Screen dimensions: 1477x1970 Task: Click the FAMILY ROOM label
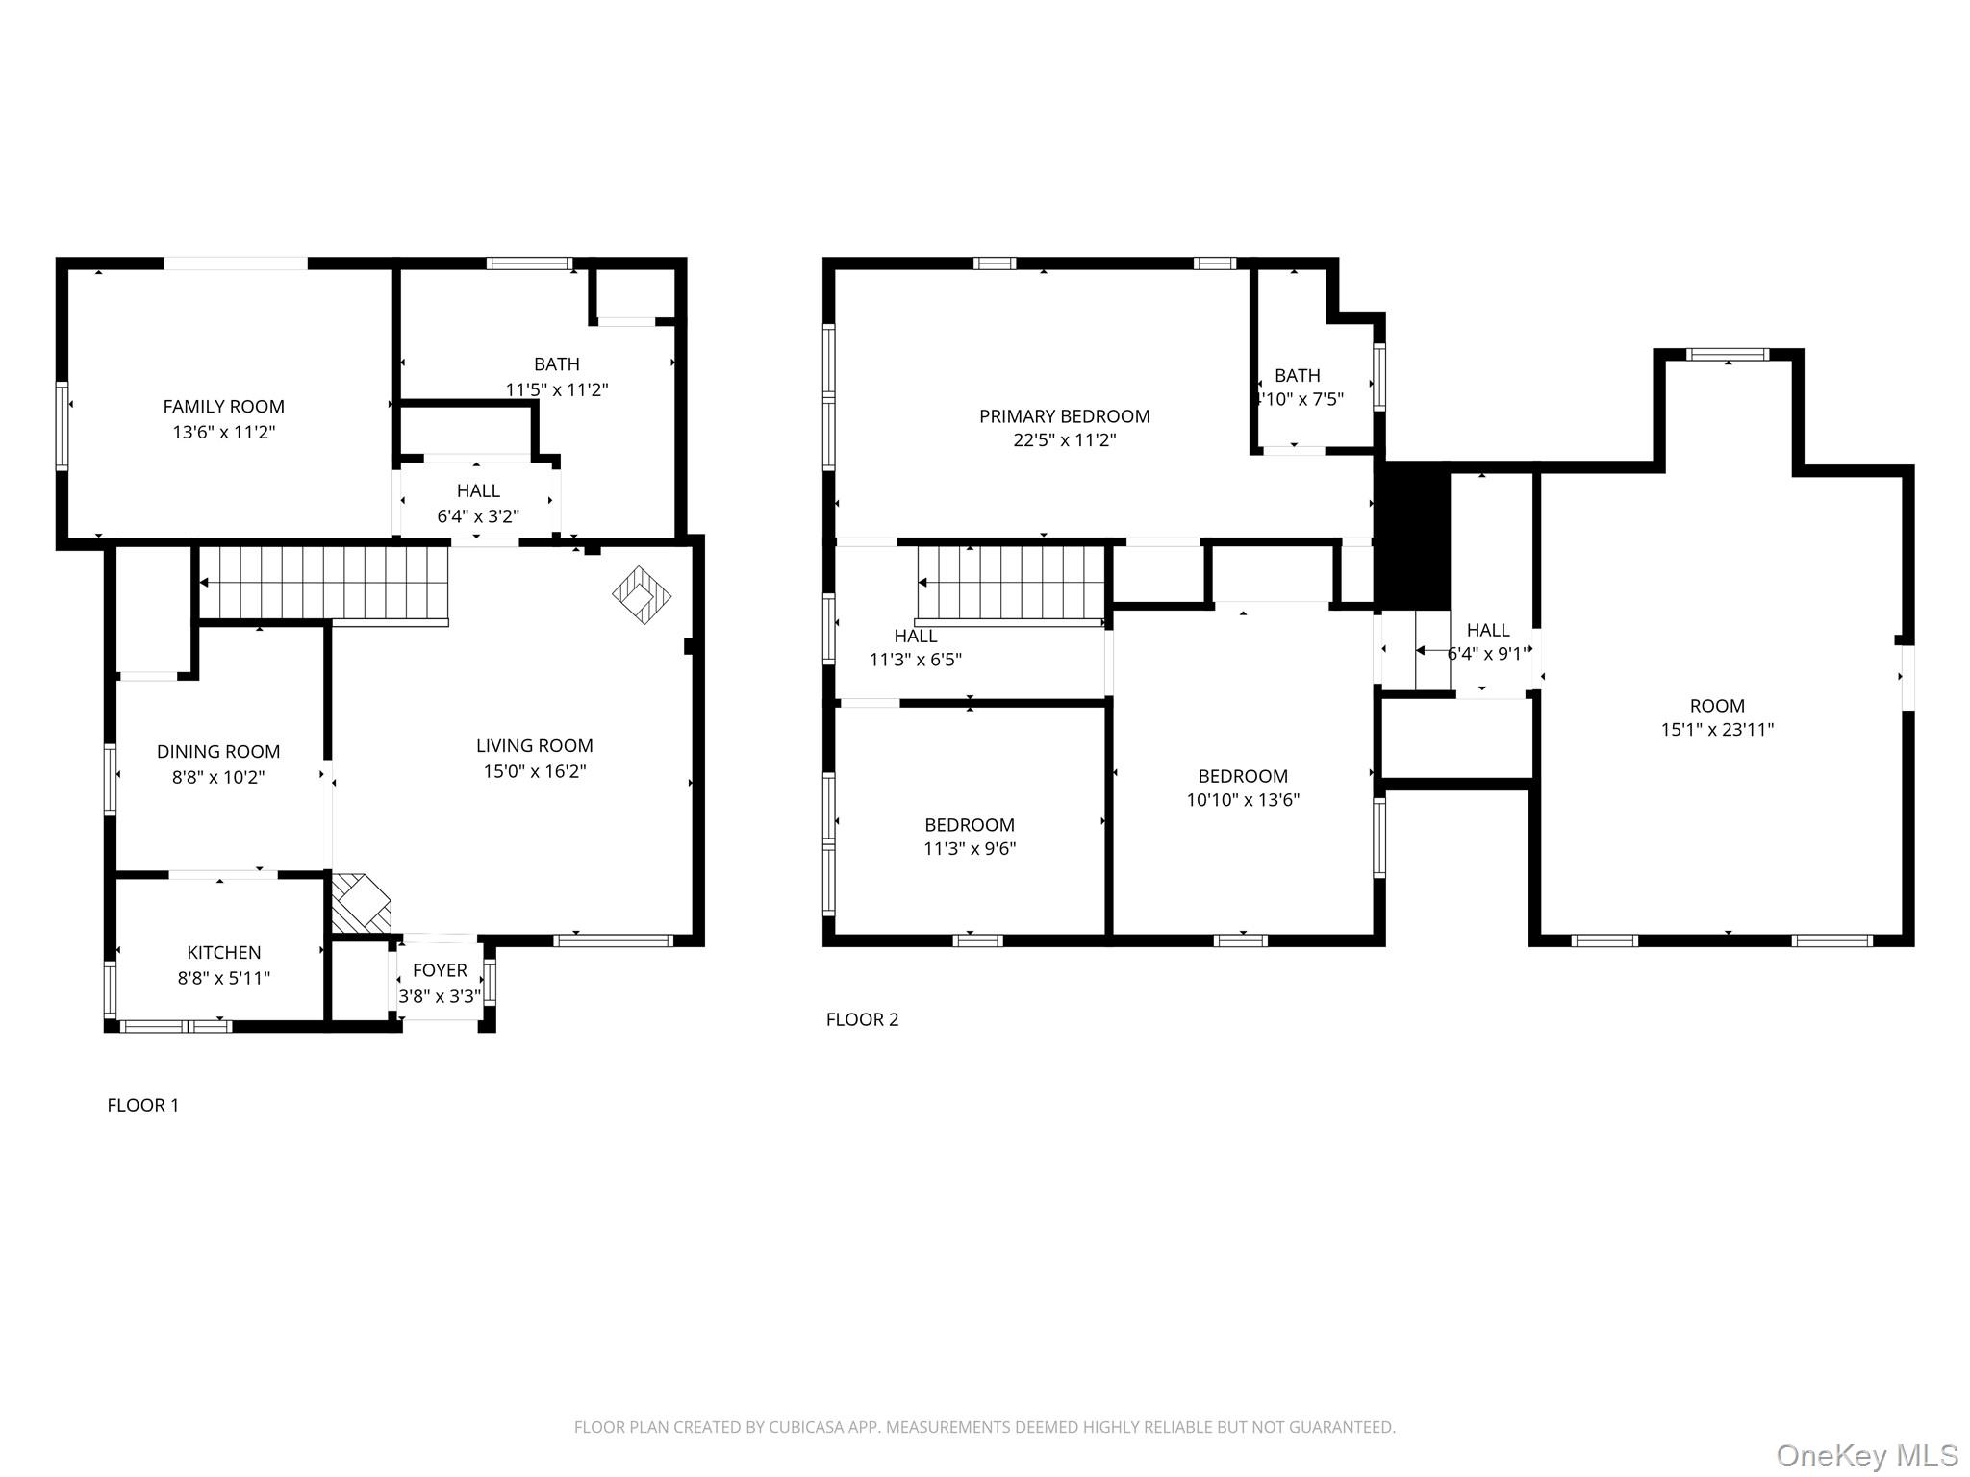(x=223, y=407)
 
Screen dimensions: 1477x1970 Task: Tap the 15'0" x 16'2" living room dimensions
(x=534, y=771)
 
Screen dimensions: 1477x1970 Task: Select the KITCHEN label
(x=223, y=952)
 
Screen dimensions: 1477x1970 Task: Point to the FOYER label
(x=440, y=970)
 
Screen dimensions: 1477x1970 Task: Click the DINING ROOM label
(x=218, y=752)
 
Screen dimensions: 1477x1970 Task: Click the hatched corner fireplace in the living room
(x=360, y=904)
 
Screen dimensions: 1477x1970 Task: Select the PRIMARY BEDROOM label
(x=1064, y=416)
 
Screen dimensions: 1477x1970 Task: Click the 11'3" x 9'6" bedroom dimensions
(x=970, y=848)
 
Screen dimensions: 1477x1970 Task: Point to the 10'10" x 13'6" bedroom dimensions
(x=1243, y=799)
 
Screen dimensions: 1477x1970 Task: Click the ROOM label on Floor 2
(x=1717, y=705)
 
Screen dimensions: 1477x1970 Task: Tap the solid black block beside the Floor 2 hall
(x=1412, y=535)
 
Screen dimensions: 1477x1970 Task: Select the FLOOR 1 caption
(x=142, y=1105)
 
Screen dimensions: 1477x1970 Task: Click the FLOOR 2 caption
(x=862, y=1019)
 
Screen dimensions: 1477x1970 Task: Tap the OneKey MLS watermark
(x=1866, y=1455)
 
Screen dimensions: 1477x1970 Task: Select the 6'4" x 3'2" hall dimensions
(x=478, y=516)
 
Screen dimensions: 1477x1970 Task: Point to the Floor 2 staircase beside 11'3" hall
(x=1011, y=583)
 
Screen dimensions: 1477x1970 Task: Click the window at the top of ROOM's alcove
(x=1728, y=354)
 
